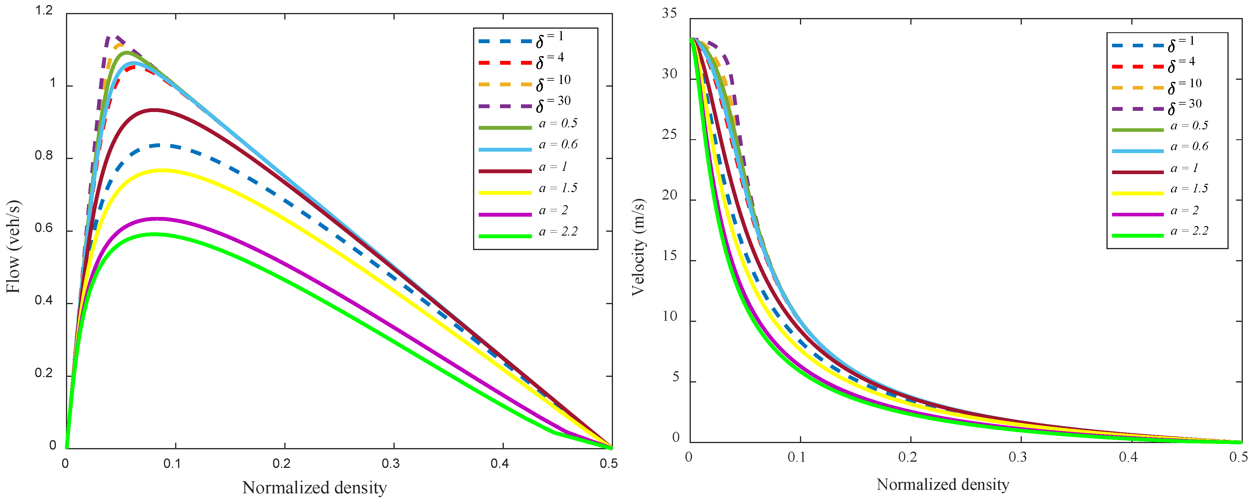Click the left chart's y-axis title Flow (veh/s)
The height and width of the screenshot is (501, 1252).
click(14, 247)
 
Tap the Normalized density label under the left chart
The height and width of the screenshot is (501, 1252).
click(314, 487)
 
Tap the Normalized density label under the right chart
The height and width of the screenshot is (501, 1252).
click(943, 484)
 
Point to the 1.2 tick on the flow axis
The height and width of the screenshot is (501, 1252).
click(44, 11)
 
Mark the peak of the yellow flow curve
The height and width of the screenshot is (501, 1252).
click(160, 170)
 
